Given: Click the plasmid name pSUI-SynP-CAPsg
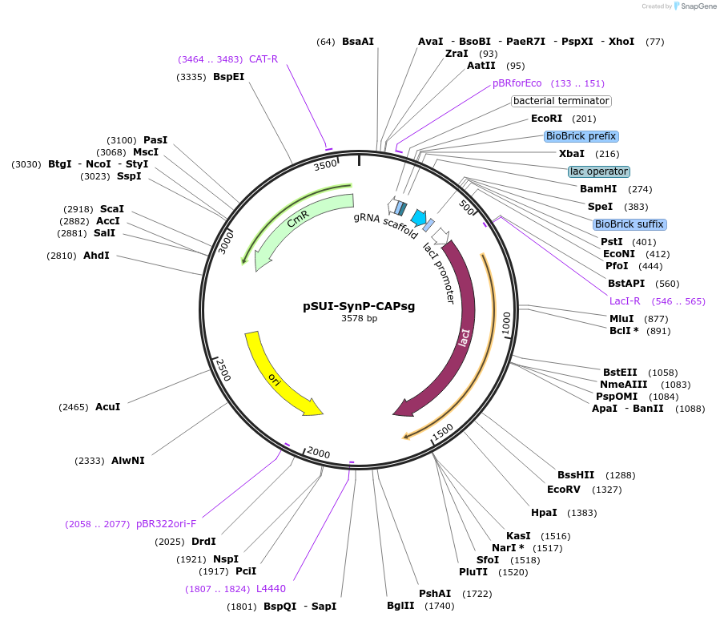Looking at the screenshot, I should [359, 305].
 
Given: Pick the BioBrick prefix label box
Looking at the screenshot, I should [581, 136].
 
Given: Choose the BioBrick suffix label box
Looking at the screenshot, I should [629, 224].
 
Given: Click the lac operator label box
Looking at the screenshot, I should [598, 171].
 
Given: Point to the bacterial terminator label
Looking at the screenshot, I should [561, 101].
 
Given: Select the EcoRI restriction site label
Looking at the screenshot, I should [552, 119].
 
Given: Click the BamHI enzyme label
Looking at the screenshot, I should [597, 189].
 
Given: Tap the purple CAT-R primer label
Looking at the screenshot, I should [263, 59].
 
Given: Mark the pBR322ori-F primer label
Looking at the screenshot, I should [166, 524].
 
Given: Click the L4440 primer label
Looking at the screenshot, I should [271, 589].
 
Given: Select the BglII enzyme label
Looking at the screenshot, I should [400, 606].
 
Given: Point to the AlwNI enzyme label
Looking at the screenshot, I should [128, 461].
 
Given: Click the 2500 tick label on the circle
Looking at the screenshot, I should [223, 370].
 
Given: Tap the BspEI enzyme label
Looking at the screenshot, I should [228, 77].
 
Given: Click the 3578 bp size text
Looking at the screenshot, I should [359, 319].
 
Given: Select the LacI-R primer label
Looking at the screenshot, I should [625, 301].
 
